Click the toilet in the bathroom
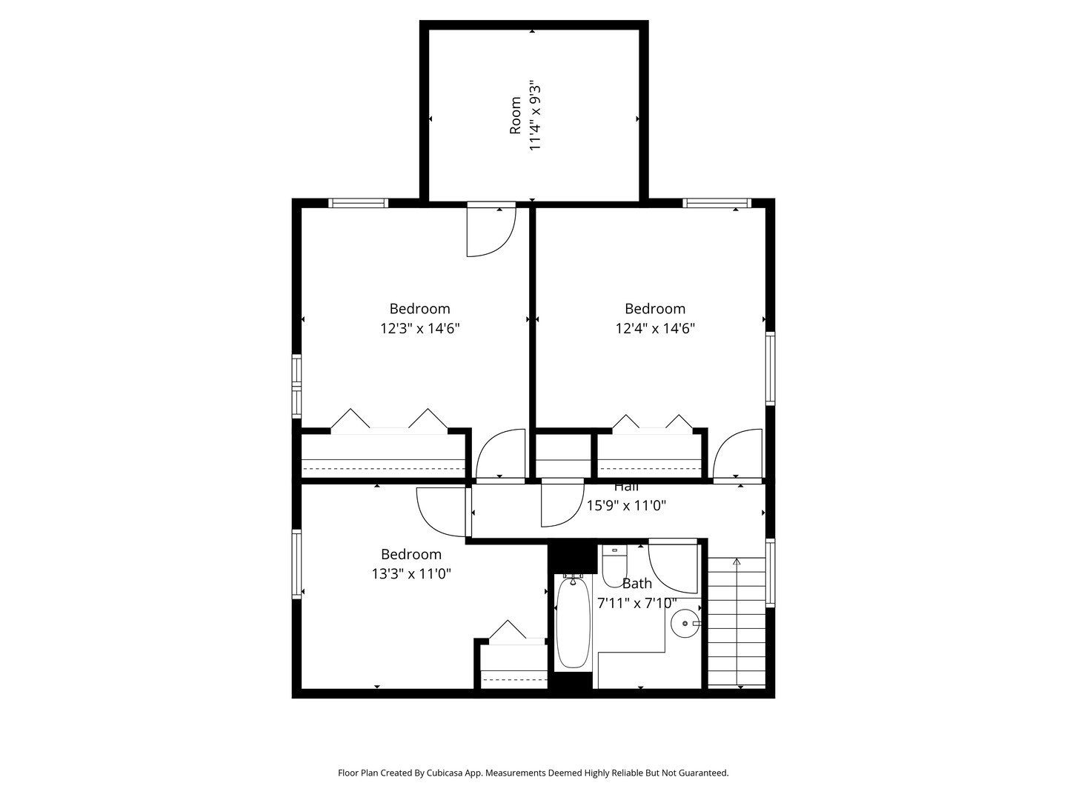(x=614, y=566)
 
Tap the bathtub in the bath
(x=574, y=621)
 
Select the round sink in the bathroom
(x=685, y=623)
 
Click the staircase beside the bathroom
(x=737, y=623)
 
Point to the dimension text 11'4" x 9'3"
(x=535, y=116)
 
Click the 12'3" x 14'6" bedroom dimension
(x=420, y=329)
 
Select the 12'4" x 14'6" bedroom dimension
(x=655, y=329)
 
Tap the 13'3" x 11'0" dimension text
(x=411, y=574)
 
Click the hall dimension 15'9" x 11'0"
(x=626, y=506)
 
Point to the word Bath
(x=636, y=584)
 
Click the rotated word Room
(x=515, y=116)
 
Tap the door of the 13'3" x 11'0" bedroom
(x=443, y=512)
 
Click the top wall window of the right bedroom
(x=717, y=203)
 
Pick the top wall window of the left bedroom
(x=358, y=203)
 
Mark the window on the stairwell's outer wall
(x=771, y=573)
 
